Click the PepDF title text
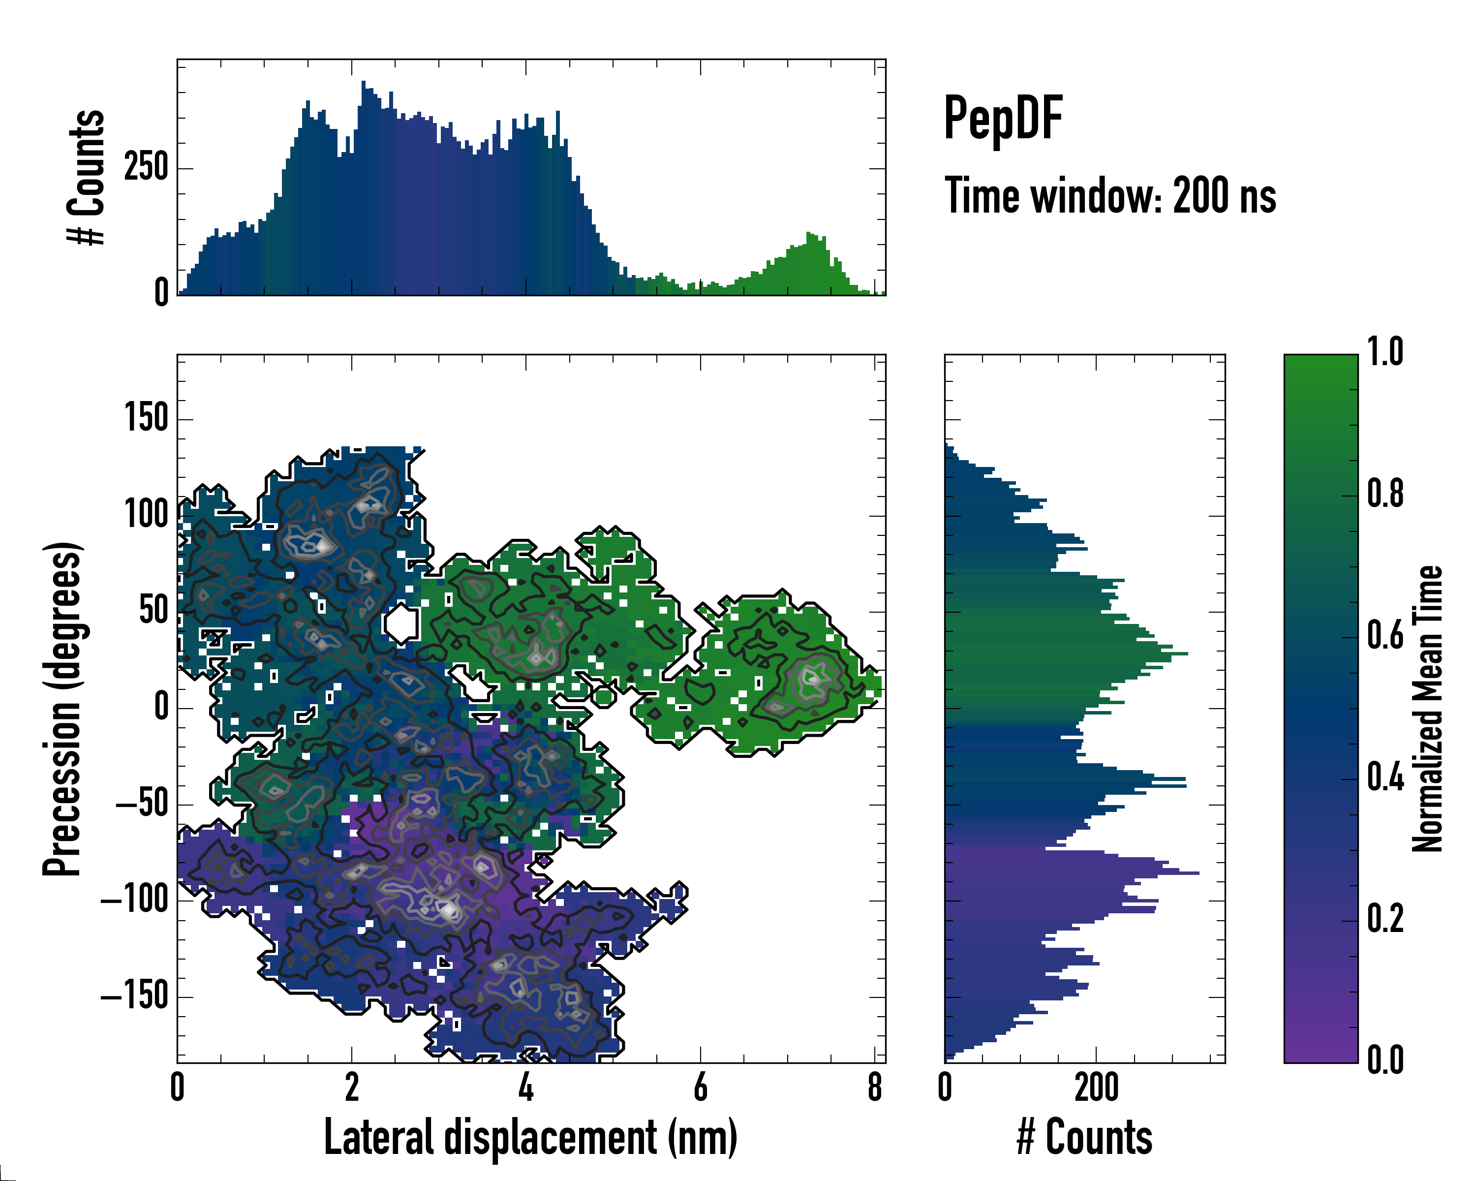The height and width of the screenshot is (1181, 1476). click(1003, 118)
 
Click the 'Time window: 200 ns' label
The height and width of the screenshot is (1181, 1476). click(1110, 196)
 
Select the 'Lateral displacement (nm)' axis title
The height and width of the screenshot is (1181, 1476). click(530, 1137)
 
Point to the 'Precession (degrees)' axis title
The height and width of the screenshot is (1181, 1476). click(63, 709)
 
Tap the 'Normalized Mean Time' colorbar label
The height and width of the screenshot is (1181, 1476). click(1427, 709)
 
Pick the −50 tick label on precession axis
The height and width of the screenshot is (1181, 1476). click(142, 803)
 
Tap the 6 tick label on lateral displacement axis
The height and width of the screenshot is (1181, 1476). click(700, 1087)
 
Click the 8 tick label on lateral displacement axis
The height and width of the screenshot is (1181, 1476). click(875, 1087)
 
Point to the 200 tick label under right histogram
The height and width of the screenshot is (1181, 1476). click(1096, 1087)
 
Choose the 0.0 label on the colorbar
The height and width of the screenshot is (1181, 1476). click(1385, 1060)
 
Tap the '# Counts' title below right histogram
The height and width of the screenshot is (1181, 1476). click(1084, 1137)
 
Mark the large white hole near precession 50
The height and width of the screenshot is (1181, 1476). click(401, 623)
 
